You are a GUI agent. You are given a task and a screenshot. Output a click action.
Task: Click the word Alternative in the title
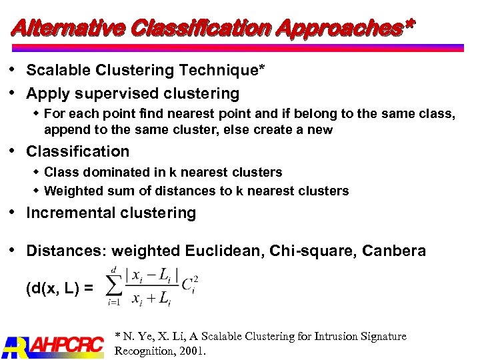(x=67, y=27)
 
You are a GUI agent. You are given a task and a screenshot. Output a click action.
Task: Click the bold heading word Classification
(x=77, y=152)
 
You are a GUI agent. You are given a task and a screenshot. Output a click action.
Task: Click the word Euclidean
(x=217, y=251)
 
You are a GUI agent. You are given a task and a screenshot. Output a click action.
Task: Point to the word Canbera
(x=395, y=251)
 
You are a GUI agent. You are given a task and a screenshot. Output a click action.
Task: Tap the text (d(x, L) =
(x=61, y=289)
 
